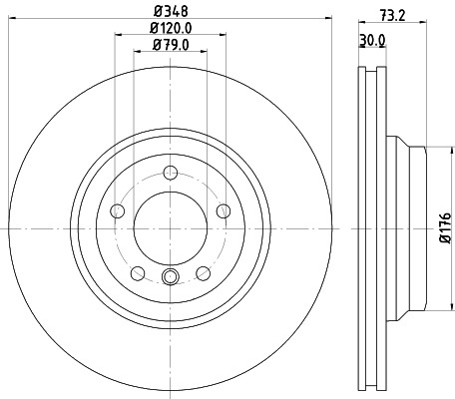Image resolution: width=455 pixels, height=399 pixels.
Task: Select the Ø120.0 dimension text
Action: pos(171,29)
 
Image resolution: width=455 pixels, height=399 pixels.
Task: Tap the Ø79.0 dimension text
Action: pos(171,46)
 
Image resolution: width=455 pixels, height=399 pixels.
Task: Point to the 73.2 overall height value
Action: pos(399,16)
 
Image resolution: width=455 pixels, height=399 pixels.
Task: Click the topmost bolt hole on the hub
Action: pos(170,172)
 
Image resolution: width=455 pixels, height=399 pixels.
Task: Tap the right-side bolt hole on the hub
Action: pos(224,209)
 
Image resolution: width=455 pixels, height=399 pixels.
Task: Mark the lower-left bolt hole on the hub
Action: pos(136,272)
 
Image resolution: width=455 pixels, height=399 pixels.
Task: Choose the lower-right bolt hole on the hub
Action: pos(203,272)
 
